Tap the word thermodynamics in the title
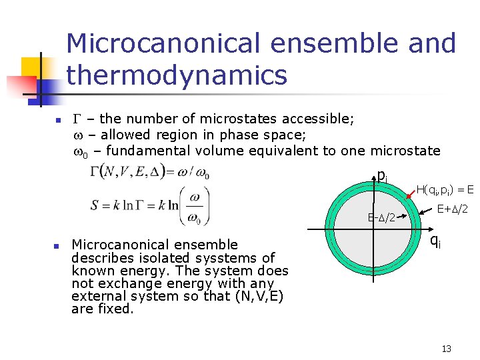(x=177, y=75)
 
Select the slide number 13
(x=447, y=348)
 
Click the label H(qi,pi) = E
(x=445, y=190)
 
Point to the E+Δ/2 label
(x=451, y=209)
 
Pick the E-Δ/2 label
(x=382, y=217)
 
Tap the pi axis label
(x=382, y=176)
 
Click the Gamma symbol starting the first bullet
(x=75, y=119)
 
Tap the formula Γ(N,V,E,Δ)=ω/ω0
(x=150, y=171)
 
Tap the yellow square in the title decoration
(x=31, y=67)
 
